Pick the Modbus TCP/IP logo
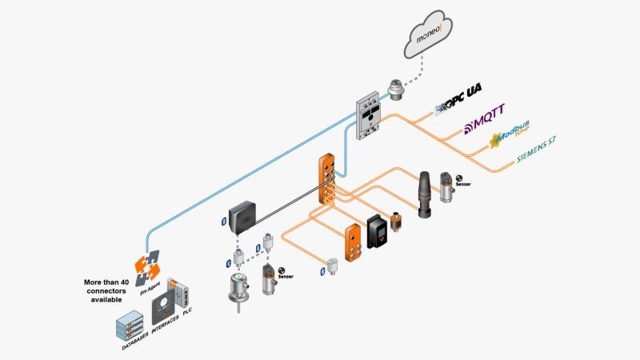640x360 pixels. coord(511,139)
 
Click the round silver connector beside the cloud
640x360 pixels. coord(397,88)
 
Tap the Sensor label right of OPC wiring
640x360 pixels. coord(463,184)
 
